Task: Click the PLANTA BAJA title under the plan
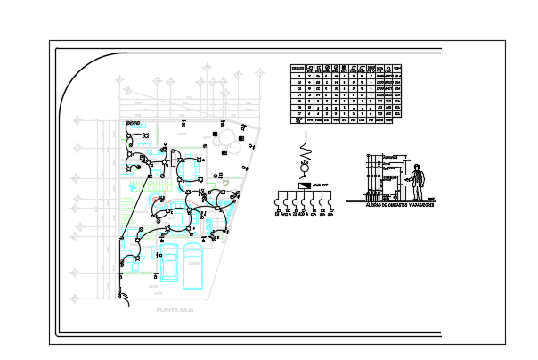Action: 174,311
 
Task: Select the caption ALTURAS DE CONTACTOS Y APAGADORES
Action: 399,204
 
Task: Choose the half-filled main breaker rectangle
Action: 306,184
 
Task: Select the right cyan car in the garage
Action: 193,266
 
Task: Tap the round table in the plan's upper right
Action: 226,135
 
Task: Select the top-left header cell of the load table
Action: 298,67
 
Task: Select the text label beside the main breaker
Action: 320,184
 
